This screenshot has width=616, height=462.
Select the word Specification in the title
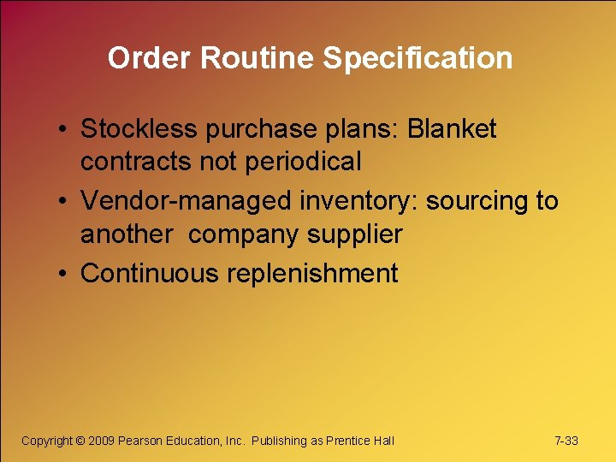[x=418, y=58]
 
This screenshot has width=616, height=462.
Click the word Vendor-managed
[x=187, y=201]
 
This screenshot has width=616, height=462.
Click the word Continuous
[x=150, y=273]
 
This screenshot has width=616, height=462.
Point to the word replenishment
[x=312, y=274]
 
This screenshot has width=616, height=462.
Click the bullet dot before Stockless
[x=64, y=130]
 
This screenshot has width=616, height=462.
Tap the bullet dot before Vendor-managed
[x=64, y=202]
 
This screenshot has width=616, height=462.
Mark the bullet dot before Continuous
[x=64, y=274]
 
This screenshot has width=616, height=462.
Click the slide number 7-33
[x=566, y=441]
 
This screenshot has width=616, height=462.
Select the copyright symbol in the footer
[x=80, y=441]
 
